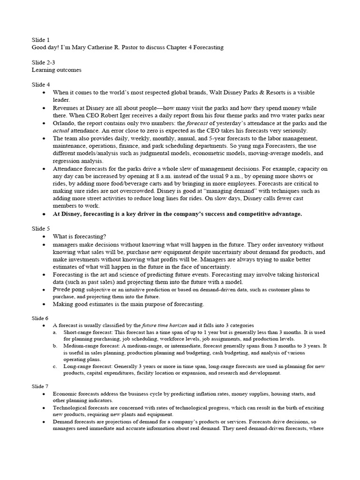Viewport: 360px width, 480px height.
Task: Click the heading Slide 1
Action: (41, 39)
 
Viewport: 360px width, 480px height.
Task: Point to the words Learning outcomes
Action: (56, 70)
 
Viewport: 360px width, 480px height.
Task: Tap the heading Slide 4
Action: (41, 84)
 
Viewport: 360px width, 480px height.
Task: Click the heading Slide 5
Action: (41, 229)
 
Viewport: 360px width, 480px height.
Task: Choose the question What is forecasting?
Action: (79, 237)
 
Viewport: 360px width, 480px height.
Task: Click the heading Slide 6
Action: (41, 317)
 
